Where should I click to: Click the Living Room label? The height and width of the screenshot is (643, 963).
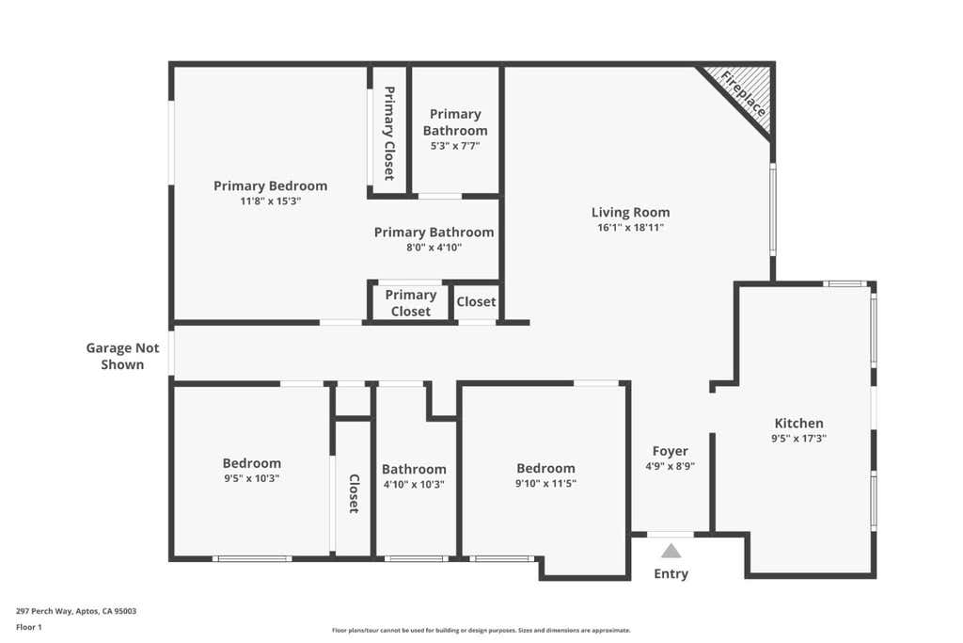[x=630, y=212]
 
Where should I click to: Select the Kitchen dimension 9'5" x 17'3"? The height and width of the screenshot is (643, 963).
[x=798, y=439]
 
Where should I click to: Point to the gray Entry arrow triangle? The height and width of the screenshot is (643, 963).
[x=671, y=550]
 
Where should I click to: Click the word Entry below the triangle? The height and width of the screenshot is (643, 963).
[x=671, y=573]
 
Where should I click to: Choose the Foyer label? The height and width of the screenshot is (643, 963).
[x=670, y=451]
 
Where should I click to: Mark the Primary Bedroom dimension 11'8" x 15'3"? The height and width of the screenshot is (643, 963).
[x=270, y=201]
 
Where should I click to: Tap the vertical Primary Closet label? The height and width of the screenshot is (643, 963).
[x=388, y=133]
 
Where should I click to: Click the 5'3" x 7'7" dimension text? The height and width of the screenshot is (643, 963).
[x=455, y=146]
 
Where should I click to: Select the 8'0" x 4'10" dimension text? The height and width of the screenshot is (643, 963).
[x=434, y=247]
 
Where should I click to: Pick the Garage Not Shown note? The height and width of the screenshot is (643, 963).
[x=123, y=356]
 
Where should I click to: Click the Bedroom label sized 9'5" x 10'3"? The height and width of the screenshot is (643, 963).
[x=252, y=463]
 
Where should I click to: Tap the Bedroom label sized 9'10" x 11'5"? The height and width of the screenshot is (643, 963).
[x=545, y=468]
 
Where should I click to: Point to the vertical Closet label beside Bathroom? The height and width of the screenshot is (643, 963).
[x=354, y=493]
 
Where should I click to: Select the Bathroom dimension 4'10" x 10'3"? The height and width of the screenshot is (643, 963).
[x=414, y=485]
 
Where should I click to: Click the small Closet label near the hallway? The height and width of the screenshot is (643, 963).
[x=476, y=302]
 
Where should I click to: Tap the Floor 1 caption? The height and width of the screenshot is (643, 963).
[x=29, y=627]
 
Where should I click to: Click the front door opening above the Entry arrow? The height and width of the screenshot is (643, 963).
[x=671, y=534]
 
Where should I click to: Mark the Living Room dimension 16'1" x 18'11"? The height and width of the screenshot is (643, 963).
[x=631, y=228]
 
